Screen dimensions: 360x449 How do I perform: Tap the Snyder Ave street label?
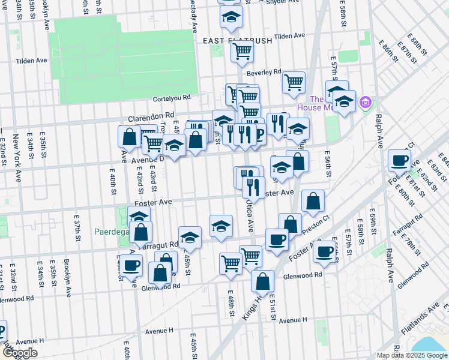pyautogui.click(x=282, y=2)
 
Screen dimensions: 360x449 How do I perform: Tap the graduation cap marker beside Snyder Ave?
pyautogui.click(x=231, y=19)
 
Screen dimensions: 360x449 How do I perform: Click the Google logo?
pyautogui.click(x=19, y=353)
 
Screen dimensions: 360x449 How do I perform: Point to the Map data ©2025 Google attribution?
pyautogui.click(x=411, y=355)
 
